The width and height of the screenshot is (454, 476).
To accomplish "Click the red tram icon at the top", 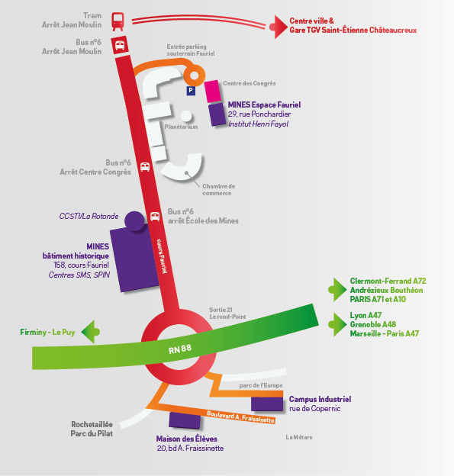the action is tap(118, 21).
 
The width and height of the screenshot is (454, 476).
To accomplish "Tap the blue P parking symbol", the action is tap(191, 90).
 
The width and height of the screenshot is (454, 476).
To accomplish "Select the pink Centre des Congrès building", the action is tap(212, 91).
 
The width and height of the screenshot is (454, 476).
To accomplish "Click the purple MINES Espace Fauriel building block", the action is tap(217, 114).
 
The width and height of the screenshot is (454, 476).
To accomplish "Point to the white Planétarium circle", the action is tap(186, 116).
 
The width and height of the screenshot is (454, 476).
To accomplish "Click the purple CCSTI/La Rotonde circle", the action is tap(134, 220).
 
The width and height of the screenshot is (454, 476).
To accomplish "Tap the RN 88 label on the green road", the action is tap(180, 349).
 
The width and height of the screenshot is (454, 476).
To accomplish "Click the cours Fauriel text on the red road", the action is tap(162, 256).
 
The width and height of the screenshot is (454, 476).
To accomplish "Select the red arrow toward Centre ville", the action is tap(279, 27).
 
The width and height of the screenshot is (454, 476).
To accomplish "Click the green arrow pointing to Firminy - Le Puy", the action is tap(91, 332).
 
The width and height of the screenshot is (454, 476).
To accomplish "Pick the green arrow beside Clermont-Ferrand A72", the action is tap(337, 290).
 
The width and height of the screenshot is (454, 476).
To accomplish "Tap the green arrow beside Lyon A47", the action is tap(337, 324).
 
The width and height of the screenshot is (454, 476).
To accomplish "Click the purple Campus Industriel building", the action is tap(267, 404).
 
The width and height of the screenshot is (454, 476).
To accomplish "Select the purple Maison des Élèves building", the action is tap(185, 420).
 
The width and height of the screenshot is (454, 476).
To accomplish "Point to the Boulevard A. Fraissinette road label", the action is tap(240, 416).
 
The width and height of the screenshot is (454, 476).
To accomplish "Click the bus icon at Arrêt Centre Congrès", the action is tap(145, 166).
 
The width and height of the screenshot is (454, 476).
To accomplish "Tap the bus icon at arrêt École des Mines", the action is tap(155, 217).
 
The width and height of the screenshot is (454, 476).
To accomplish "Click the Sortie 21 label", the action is tap(221, 310).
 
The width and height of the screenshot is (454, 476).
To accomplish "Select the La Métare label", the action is tap(299, 437).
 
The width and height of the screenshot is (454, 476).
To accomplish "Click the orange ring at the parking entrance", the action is tap(195, 76).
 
